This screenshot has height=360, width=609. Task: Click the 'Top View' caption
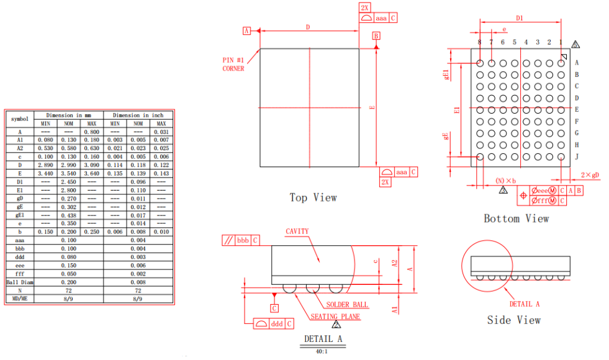[313, 197]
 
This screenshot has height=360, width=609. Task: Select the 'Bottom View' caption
[516, 218]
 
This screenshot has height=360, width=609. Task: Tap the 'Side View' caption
[513, 320]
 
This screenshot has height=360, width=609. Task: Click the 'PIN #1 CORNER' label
[233, 64]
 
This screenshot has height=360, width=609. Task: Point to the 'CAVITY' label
[297, 232]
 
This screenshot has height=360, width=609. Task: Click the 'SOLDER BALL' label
[347, 305]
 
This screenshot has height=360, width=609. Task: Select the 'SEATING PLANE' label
[335, 317]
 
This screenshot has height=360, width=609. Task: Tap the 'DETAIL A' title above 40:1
[323, 339]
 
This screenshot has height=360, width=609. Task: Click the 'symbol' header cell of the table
[20, 118]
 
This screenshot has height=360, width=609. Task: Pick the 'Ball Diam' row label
[20, 282]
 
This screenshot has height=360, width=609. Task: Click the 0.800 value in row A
[91, 132]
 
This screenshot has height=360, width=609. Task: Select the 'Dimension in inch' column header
[138, 115]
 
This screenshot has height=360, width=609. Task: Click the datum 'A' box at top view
[246, 30]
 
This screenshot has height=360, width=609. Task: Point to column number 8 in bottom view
[479, 42]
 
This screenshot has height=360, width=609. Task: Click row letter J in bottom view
[577, 156]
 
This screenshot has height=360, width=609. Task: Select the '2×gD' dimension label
[590, 175]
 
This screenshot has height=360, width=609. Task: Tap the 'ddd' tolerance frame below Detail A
[273, 324]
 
